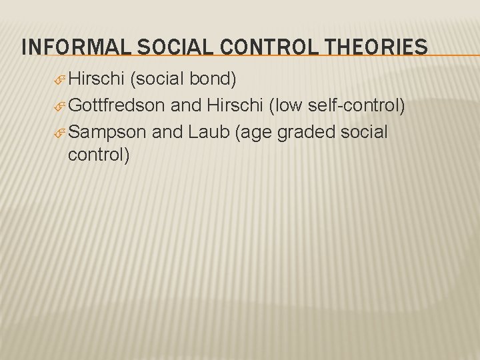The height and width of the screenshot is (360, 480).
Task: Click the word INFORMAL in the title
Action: pos(63,47)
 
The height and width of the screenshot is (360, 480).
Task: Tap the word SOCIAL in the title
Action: pos(153,47)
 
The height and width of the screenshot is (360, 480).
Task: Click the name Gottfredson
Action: pos(117,105)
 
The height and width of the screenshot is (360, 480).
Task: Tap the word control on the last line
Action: pos(99,156)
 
